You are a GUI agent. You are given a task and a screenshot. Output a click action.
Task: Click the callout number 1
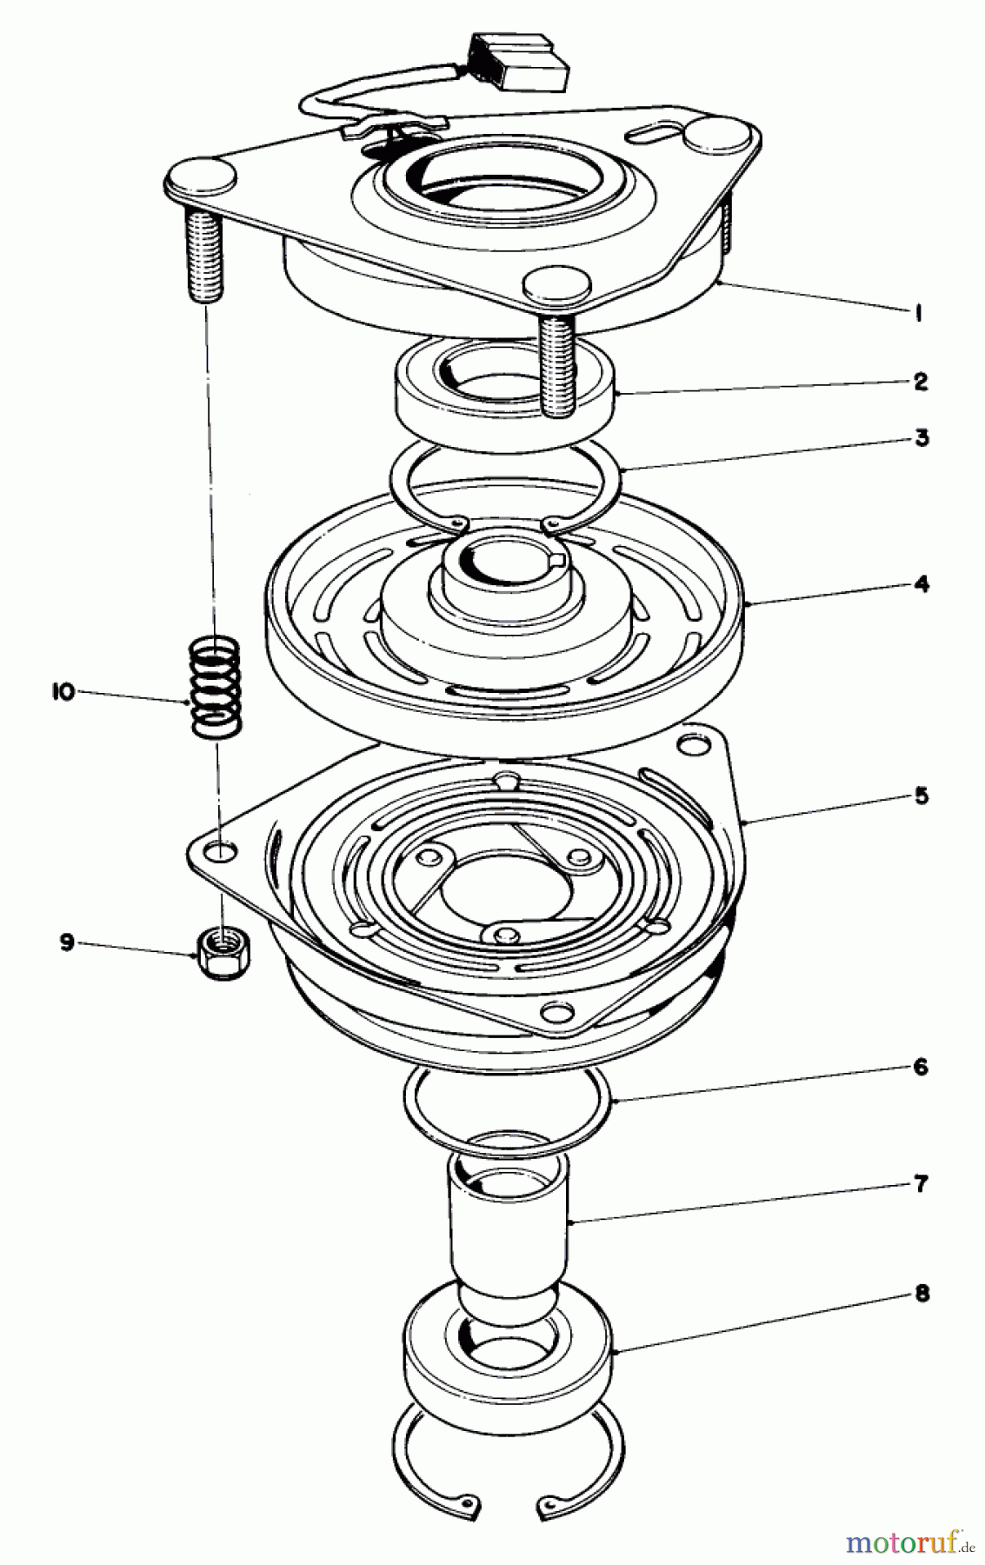(917, 314)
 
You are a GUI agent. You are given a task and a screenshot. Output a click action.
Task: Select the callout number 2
(920, 381)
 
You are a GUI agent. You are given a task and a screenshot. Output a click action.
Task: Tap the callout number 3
(921, 437)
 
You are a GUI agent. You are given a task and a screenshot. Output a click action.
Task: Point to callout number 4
(921, 583)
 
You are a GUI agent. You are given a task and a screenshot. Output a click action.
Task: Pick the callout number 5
(921, 796)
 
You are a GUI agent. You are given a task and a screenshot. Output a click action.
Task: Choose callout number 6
(921, 1068)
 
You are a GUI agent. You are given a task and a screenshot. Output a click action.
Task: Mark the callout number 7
(921, 1183)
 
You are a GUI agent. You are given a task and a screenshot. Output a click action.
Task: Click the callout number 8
(921, 1294)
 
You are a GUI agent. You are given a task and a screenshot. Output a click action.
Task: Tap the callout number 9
(67, 943)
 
